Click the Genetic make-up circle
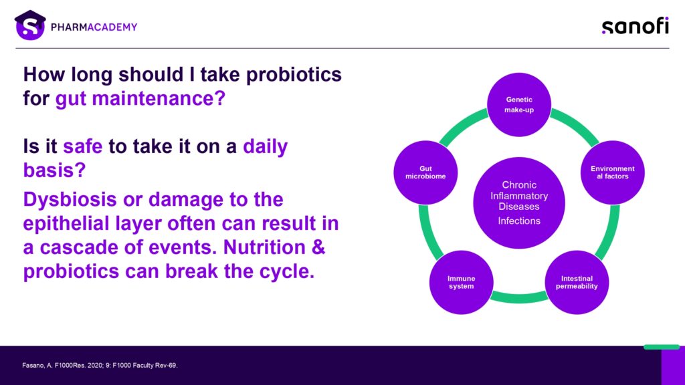(x=519, y=104)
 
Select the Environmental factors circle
(x=612, y=172)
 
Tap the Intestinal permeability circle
(x=577, y=282)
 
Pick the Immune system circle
(x=461, y=282)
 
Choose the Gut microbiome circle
(x=425, y=172)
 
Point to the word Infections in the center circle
(x=519, y=221)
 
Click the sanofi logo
(x=634, y=26)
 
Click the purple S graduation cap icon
(x=30, y=25)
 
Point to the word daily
(x=265, y=146)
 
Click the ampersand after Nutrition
(x=318, y=247)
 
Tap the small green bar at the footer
(x=661, y=347)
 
